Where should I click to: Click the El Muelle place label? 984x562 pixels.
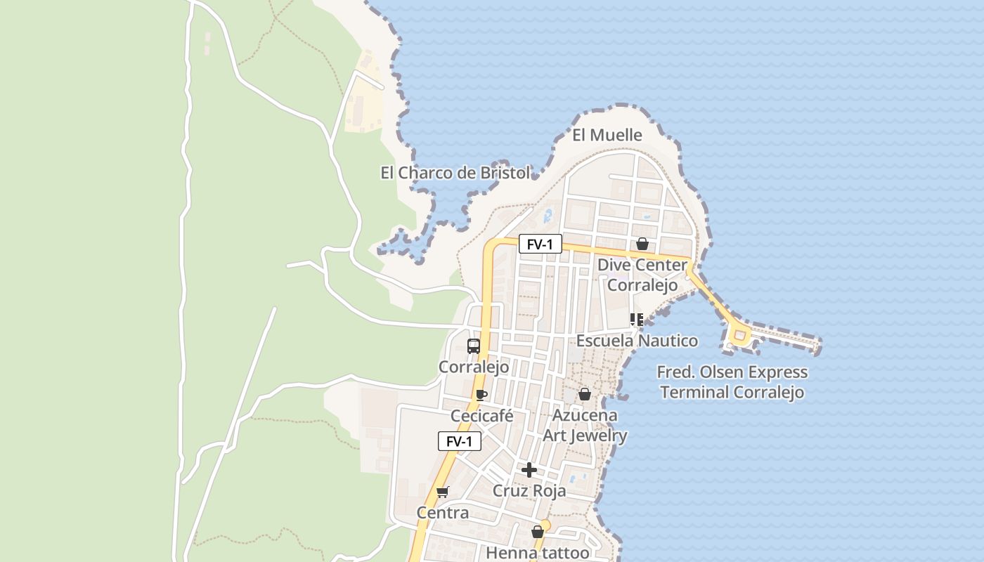click(607, 135)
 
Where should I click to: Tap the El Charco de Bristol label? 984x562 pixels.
click(455, 173)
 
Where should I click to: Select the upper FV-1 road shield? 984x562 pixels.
click(540, 244)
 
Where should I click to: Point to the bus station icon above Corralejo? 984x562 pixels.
click(474, 346)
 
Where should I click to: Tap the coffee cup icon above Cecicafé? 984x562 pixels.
click(481, 395)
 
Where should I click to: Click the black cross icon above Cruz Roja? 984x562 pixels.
click(529, 470)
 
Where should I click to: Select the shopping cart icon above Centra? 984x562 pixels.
click(442, 492)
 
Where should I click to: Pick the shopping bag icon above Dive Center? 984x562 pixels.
click(642, 244)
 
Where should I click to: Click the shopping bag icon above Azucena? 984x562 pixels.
click(584, 394)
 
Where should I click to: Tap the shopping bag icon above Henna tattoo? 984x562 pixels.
click(538, 532)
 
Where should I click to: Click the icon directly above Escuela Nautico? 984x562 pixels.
click(637, 320)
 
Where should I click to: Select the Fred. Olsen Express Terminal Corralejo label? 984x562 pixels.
click(732, 382)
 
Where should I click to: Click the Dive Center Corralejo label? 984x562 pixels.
click(642, 275)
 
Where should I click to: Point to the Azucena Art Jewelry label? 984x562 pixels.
click(585, 425)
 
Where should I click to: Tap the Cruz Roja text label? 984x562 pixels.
click(529, 490)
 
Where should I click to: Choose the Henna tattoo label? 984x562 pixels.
click(538, 553)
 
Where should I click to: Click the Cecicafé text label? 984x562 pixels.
click(482, 416)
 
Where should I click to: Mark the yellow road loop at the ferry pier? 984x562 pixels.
click(739, 337)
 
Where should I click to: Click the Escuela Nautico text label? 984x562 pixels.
click(637, 341)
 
